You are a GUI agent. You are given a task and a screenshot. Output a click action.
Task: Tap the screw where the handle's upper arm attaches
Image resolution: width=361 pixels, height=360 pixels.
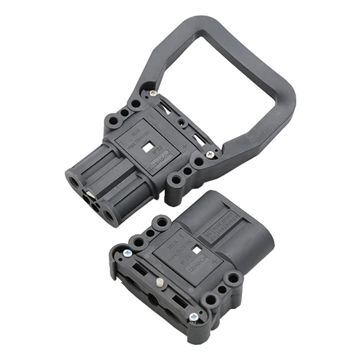click(152, 93)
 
